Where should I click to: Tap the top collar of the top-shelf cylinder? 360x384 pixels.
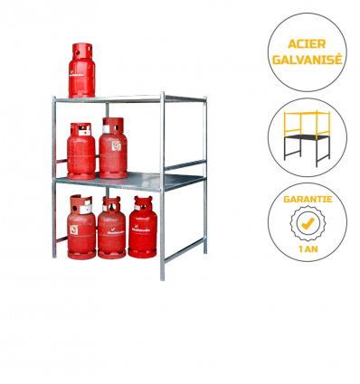tap(85, 48)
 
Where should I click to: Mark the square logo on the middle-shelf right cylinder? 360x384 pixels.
tap(116, 143)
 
